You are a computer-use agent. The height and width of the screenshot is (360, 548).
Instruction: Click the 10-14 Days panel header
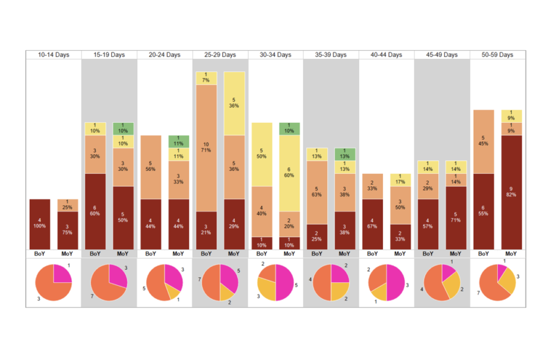[54, 55]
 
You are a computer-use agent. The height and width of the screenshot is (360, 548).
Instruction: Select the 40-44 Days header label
[387, 55]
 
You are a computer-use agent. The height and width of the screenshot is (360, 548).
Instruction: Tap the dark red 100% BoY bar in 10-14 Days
[40, 224]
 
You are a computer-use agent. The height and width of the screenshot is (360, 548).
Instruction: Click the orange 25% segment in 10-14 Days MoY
[67, 205]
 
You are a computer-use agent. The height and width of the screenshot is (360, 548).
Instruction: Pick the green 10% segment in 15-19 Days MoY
[123, 129]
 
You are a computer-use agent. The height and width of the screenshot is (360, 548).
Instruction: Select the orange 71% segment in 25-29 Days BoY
[206, 147]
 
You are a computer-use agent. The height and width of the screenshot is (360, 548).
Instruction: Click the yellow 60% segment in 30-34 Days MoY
[289, 173]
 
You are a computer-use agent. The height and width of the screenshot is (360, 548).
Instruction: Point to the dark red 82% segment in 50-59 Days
[511, 192]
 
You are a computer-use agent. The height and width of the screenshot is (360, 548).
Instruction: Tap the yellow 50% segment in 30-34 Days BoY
[262, 154]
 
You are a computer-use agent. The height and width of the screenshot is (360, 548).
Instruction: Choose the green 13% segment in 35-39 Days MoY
[345, 154]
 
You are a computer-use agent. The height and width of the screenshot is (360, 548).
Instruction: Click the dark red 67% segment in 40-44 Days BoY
[373, 224]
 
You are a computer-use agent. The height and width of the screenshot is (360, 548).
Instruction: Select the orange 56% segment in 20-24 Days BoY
[151, 167]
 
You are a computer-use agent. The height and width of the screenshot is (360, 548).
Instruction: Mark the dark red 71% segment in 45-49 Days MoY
[455, 218]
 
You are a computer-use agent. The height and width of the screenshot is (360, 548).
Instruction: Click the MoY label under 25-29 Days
[234, 254]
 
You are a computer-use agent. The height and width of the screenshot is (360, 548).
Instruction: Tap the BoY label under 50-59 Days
[483, 254]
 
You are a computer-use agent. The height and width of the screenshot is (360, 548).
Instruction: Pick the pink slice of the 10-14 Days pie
[62, 274]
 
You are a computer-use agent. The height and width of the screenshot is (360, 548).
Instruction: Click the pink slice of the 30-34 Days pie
[285, 283]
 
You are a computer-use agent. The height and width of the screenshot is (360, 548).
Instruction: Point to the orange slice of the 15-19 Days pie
[103, 287]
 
